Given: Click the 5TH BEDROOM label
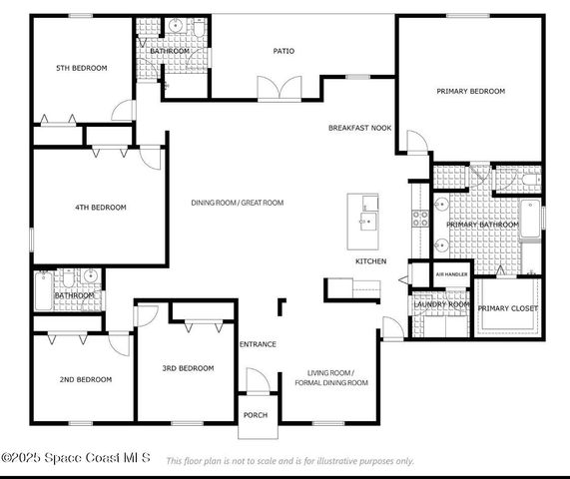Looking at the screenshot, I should click(x=82, y=68).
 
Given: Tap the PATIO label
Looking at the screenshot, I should click(x=284, y=51).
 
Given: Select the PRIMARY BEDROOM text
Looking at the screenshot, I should click(x=470, y=91).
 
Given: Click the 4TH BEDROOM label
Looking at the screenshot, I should click(x=102, y=207).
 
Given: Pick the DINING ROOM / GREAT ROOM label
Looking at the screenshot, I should click(x=238, y=203).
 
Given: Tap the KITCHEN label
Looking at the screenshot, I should click(x=370, y=261).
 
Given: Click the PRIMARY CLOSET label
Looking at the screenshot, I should click(x=507, y=308).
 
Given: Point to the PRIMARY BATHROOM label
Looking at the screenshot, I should click(x=482, y=225).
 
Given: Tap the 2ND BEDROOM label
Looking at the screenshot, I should click(x=85, y=379).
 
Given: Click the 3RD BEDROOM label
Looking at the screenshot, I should click(x=188, y=368).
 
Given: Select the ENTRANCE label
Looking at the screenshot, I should click(x=258, y=344).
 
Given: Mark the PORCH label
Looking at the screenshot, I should click(x=257, y=415).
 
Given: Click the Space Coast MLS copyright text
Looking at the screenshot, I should click(x=76, y=458).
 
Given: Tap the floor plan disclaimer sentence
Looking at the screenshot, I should click(x=289, y=461).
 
